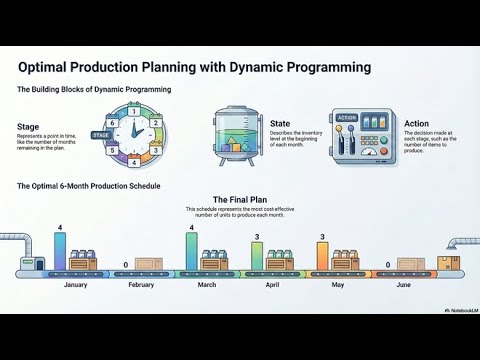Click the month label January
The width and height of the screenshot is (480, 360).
(75, 285)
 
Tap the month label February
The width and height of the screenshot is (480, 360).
(141, 285)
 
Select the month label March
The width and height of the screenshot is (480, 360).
(206, 285)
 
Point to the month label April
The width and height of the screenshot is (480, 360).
(272, 285)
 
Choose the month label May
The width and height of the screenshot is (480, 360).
(337, 285)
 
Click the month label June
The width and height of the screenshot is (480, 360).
(403, 285)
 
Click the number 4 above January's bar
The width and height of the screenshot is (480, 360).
(60, 229)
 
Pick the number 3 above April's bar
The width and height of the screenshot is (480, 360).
(257, 237)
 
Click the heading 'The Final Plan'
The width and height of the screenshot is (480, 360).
(240, 199)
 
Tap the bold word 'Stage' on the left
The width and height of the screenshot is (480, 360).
(29, 127)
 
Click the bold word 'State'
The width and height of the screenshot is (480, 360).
(280, 123)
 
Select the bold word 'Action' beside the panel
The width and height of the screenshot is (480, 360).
(418, 123)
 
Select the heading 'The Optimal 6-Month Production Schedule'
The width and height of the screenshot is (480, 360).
(88, 186)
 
